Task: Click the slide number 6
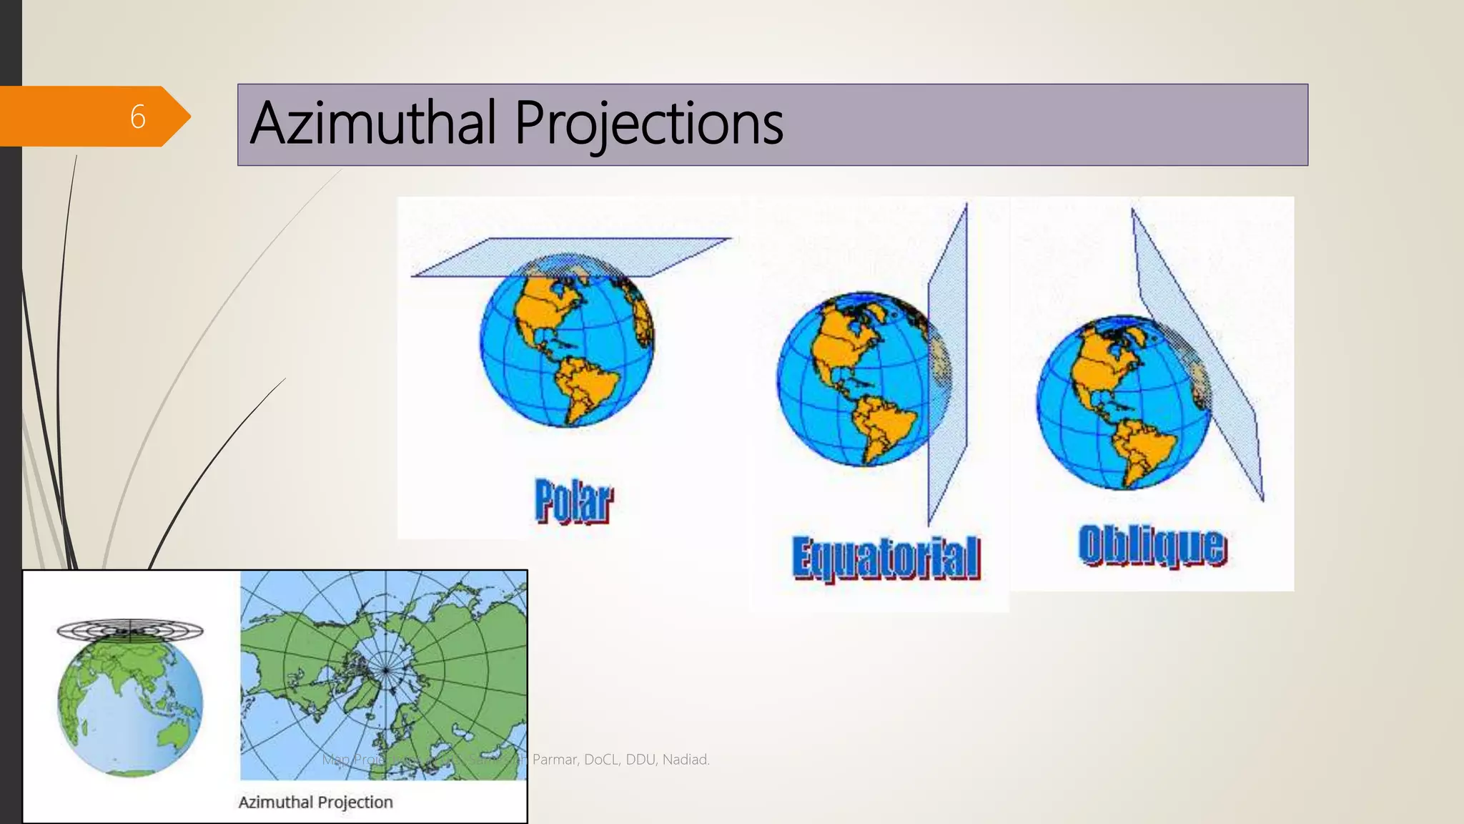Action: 138,117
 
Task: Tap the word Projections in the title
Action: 648,123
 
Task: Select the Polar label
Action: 573,501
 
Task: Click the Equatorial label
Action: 886,558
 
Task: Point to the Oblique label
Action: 1152,546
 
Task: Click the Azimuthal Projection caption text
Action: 315,802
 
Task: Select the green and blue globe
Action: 130,705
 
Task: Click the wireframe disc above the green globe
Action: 130,630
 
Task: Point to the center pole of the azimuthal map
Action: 385,670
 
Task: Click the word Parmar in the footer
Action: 554,760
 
